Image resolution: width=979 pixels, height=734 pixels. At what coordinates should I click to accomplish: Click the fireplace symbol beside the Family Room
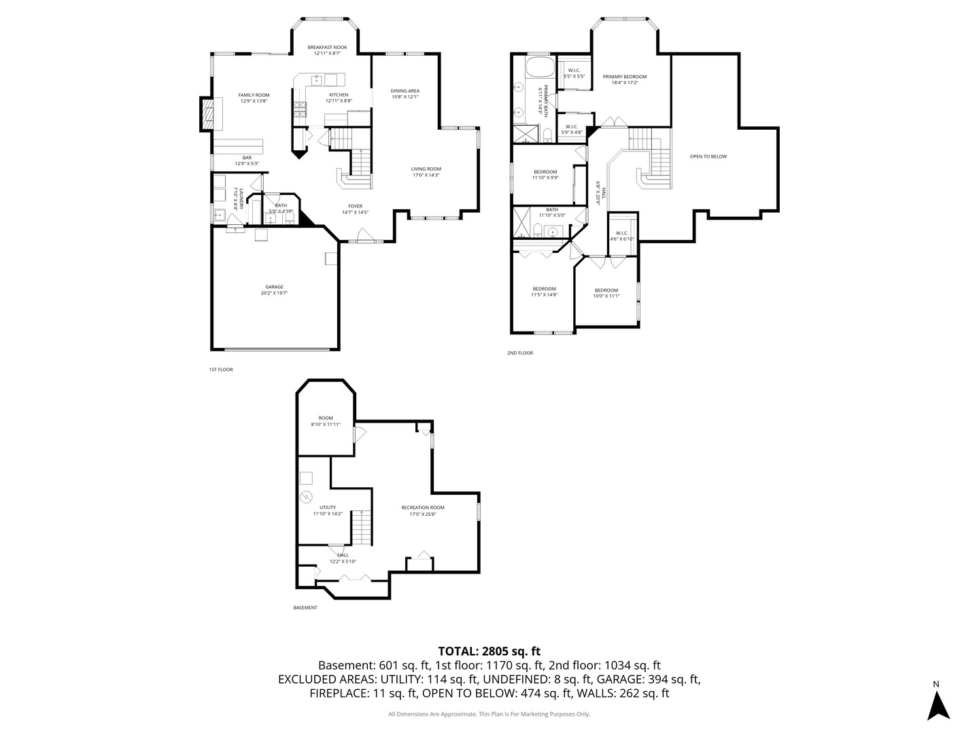coord(211,114)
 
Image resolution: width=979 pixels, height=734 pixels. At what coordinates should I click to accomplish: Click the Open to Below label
coord(708,156)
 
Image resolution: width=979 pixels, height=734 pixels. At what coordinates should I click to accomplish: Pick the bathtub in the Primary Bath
coord(540,68)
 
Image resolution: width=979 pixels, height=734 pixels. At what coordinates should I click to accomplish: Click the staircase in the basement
coord(362,527)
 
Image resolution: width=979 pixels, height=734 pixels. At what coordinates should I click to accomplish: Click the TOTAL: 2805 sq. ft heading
coord(489,651)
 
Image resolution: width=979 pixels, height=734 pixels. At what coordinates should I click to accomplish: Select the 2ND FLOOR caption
coord(520,353)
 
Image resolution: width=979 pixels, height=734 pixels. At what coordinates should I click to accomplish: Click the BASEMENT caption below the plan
coord(305,608)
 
